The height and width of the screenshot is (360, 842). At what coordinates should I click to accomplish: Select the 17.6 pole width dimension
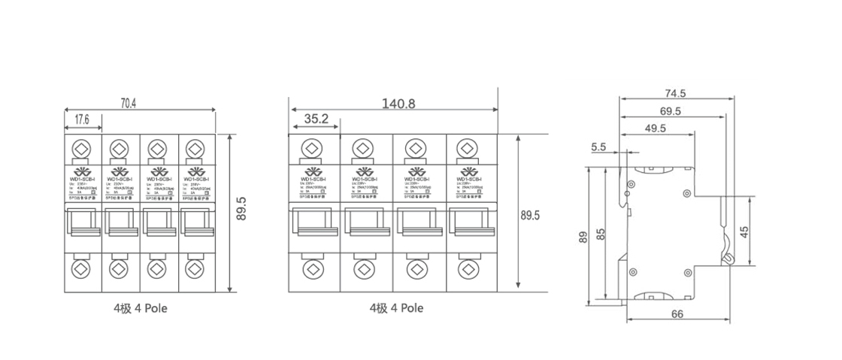pyautogui.click(x=82, y=119)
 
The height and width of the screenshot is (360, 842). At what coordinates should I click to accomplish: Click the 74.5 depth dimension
pyautogui.click(x=675, y=94)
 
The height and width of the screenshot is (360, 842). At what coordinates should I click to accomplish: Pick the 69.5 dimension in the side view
pyautogui.click(x=670, y=111)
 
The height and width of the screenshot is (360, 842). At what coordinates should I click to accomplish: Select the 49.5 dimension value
pyautogui.click(x=655, y=129)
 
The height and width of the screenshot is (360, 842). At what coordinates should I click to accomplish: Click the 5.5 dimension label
pyautogui.click(x=598, y=147)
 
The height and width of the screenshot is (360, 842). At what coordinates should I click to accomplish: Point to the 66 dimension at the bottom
pyautogui.click(x=677, y=314)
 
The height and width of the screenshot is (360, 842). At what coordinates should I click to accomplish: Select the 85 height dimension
pyautogui.click(x=601, y=234)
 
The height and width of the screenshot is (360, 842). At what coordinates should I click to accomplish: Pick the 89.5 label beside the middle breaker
pyautogui.click(x=530, y=215)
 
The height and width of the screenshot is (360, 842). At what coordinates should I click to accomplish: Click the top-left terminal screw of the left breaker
pyautogui.click(x=83, y=147)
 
